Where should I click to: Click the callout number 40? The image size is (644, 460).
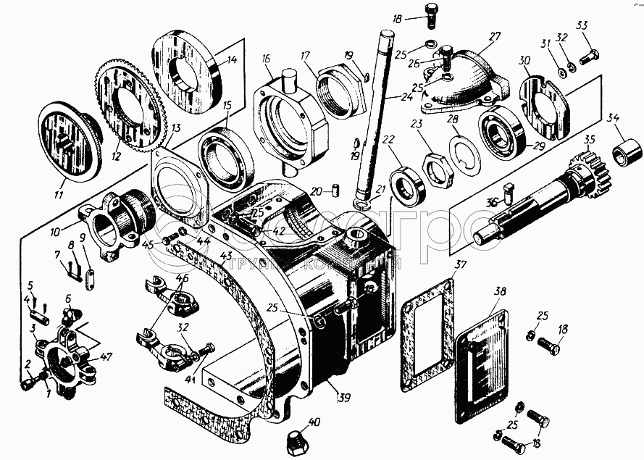pos(314,422)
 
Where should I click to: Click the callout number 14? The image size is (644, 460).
pos(213,61)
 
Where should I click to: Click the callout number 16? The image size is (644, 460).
pos(266,59)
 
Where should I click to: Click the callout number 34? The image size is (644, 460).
pos(614,117)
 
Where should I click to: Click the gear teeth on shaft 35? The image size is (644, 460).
pos(585,173)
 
